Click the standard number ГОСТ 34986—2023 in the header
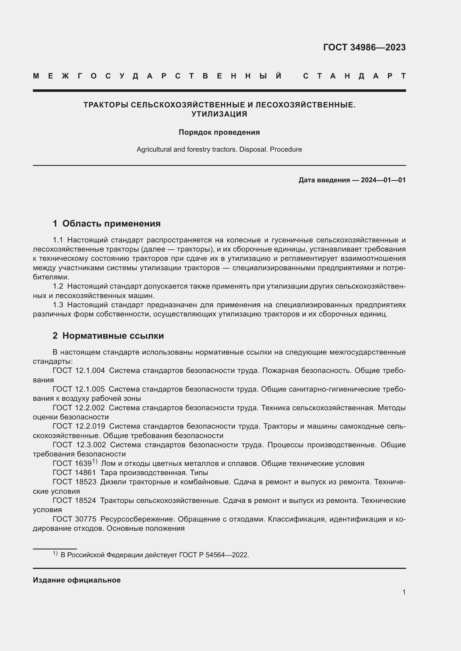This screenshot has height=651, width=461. tap(364, 47)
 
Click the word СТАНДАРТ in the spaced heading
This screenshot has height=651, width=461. tap(354, 76)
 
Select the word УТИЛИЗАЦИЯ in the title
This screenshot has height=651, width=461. tap(219, 114)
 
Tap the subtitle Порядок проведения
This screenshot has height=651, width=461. tap(219, 132)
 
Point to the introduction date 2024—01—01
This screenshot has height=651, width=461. tap(383, 180)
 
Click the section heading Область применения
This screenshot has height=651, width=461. tap(111, 223)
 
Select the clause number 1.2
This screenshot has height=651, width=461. tap(58, 286)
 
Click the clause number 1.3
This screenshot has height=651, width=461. tap(58, 305)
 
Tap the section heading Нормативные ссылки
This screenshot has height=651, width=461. tap(113, 336)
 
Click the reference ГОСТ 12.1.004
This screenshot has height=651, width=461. tap(79, 370)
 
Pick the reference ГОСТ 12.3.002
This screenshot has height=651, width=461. tap(79, 444)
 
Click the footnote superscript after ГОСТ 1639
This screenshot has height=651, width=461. tap(94, 461)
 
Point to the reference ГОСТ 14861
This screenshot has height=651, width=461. tap(74, 473)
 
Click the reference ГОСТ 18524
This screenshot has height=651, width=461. tap(74, 500)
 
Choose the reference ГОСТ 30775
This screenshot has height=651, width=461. tap(74, 519)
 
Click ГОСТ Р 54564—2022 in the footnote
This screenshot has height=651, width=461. tap(214, 555)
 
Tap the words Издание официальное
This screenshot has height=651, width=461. tap(77, 580)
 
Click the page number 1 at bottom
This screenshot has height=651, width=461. tap(404, 592)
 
